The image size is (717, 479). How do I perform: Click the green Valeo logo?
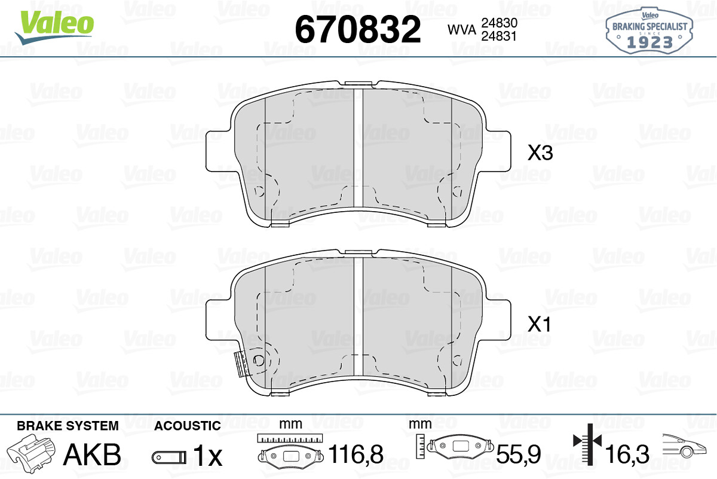[54, 28]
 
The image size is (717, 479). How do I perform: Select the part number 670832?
[358, 29]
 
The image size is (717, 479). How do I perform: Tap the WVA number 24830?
[500, 23]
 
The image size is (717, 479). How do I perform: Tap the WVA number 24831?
[499, 36]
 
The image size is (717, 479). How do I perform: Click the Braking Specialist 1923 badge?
[649, 31]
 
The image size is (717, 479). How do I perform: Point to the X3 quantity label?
[540, 153]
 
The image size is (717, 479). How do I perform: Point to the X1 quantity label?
[540, 324]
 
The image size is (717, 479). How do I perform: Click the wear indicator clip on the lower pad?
[241, 364]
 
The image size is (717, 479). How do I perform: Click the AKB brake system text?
[92, 454]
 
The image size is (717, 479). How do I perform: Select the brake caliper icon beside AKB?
[31, 450]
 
